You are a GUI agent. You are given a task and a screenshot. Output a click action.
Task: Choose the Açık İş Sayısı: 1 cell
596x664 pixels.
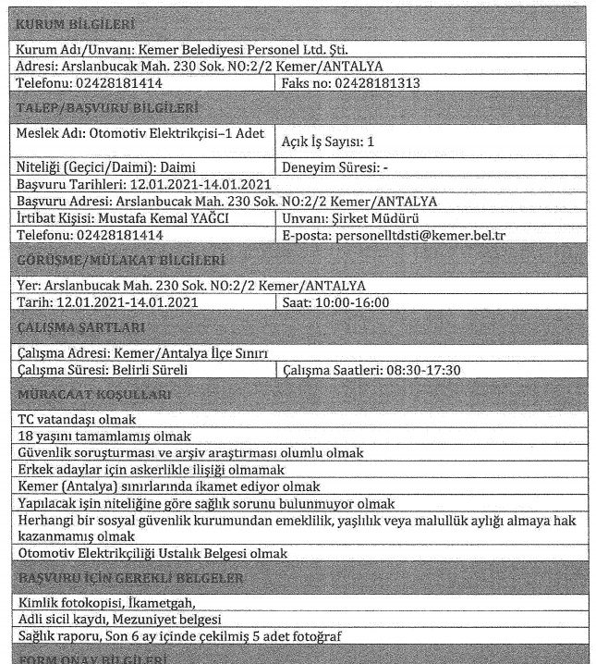click(340, 141)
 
